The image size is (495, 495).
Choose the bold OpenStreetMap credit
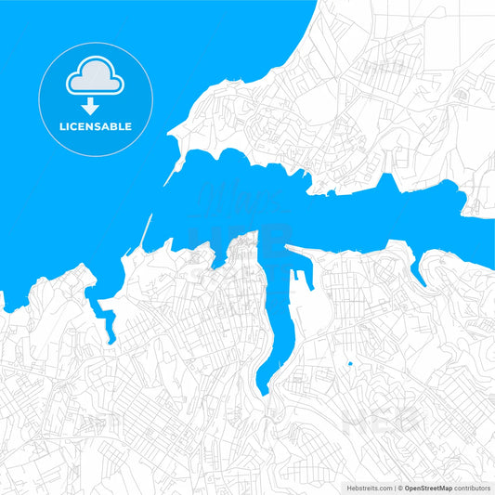pos(428,487)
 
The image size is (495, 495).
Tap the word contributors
pos(473,487)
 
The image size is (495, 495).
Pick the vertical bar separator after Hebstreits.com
pos(394,487)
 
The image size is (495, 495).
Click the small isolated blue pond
pos(349,363)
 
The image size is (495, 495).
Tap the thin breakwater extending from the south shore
pos(143,237)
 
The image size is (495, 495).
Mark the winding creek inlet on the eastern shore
pos(420,275)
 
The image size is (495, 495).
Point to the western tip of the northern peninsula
pos(171,137)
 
